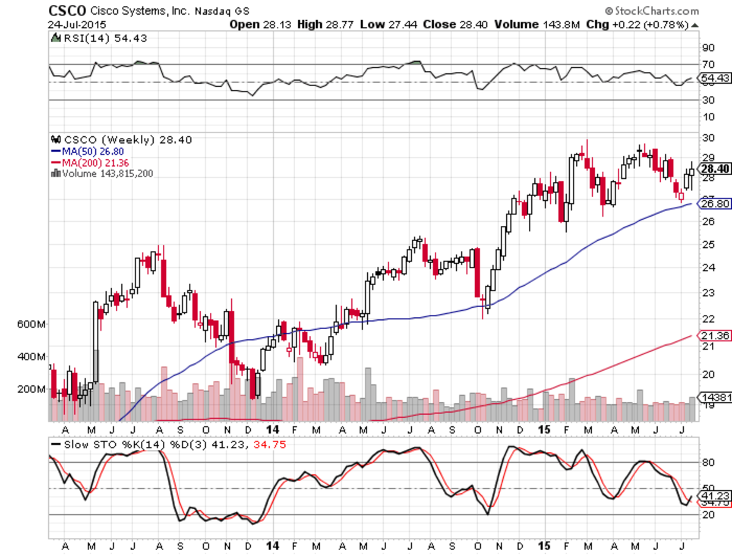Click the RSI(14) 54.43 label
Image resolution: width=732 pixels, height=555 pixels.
[100, 38]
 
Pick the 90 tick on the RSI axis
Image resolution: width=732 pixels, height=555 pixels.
[708, 47]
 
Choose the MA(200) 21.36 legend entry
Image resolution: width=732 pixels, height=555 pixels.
[93, 162]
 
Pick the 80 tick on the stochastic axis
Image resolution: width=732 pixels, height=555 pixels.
[708, 462]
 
